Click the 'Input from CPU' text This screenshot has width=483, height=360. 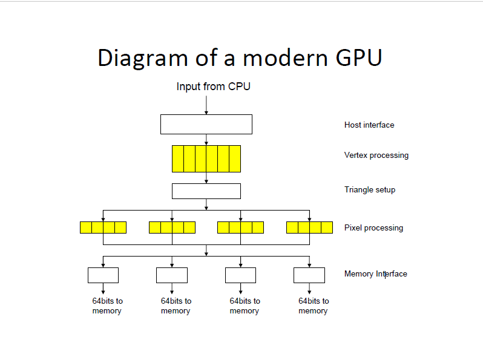click(x=213, y=87)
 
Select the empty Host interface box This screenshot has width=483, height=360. click(x=206, y=124)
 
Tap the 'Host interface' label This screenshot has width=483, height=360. click(x=369, y=125)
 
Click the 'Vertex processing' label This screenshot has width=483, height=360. click(x=376, y=155)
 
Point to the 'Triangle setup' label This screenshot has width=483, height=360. click(x=369, y=190)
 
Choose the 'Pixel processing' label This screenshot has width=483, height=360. click(x=373, y=228)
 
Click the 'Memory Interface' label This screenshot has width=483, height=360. click(x=375, y=274)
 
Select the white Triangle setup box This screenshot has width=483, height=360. click(x=206, y=191)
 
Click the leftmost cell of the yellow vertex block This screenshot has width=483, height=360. click(x=178, y=159)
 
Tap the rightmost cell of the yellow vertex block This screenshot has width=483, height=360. click(x=235, y=159)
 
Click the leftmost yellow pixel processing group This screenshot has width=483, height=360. click(x=103, y=227)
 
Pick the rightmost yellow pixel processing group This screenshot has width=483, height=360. click(x=309, y=227)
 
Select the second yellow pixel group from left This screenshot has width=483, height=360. click(x=172, y=227)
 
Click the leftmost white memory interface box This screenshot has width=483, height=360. click(x=103, y=275)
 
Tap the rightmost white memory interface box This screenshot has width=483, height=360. click(x=309, y=275)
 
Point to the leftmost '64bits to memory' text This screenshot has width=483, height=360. click(x=107, y=306)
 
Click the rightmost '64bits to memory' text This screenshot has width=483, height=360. click(x=313, y=306)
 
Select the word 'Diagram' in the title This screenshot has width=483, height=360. click(x=142, y=58)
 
